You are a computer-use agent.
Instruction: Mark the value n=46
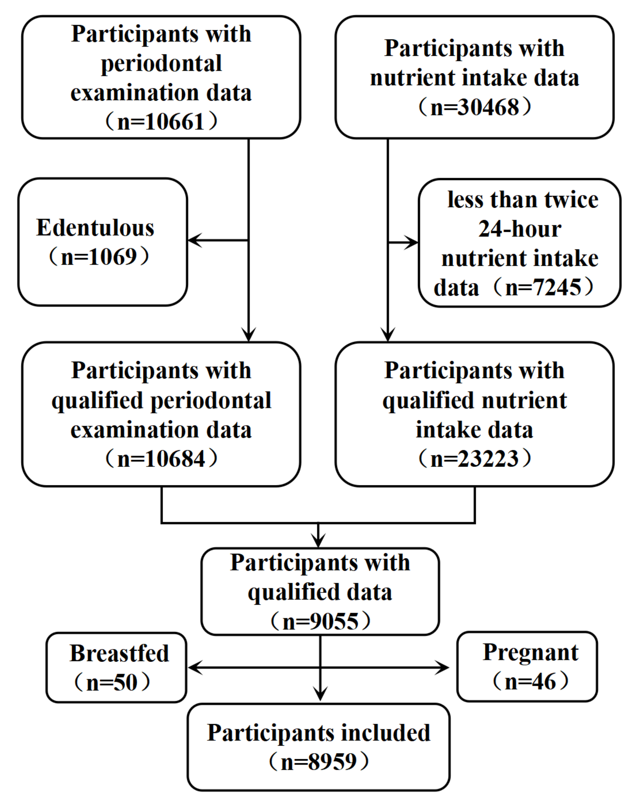pyautogui.click(x=530, y=682)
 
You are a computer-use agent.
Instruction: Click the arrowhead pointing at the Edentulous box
pyautogui.click(x=194, y=240)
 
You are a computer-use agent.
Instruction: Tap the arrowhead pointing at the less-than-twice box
pyautogui.click(x=412, y=243)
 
